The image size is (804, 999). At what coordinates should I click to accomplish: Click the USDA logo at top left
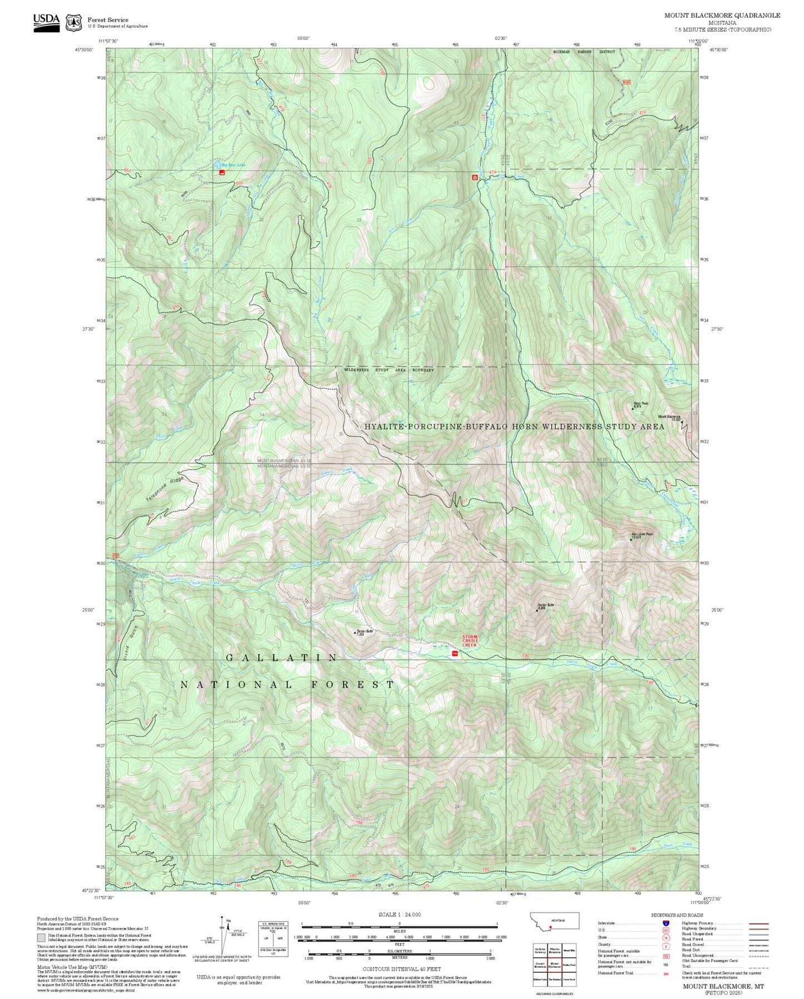[46, 22]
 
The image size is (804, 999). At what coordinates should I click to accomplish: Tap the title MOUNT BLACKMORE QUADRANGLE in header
[722, 16]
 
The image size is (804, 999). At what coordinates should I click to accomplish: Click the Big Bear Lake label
[233, 165]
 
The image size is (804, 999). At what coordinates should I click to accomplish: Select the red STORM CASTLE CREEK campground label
[470, 640]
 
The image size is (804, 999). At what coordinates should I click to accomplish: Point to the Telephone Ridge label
[164, 489]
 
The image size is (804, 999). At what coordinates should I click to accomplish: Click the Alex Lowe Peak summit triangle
[630, 539]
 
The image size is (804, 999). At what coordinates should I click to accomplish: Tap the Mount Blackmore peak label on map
[669, 417]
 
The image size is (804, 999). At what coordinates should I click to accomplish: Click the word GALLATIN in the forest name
[282, 658]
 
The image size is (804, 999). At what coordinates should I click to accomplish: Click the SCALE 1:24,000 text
[399, 914]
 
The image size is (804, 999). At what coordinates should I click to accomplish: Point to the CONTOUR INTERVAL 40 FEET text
[401, 969]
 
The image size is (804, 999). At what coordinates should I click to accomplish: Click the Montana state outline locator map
[555, 921]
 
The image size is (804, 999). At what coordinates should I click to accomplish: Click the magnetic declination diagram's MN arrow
[228, 920]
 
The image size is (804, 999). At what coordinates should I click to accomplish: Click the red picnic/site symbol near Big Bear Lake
[223, 173]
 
